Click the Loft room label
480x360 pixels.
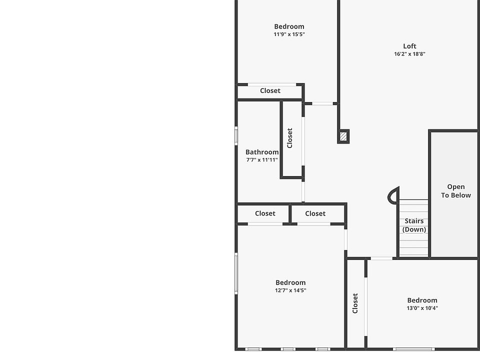pos(409,46)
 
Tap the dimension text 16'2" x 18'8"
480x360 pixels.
pos(409,54)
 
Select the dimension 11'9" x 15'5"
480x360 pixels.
pos(289,34)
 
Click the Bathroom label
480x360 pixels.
pos(262,152)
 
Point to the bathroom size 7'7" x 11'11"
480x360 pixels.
pos(262,160)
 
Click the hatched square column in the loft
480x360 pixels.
pos(343,136)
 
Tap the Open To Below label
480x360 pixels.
pos(456,191)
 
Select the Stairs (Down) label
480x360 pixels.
pos(414,225)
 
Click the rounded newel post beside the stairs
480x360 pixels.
pos(393,195)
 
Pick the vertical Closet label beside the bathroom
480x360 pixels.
pos(289,138)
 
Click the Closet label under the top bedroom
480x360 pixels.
pos(270,90)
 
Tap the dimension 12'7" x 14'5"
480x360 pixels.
pos(290,290)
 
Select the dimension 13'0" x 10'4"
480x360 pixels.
pos(422,308)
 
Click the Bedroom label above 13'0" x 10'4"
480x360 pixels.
pos(422,300)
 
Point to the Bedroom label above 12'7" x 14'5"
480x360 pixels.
pos(290,282)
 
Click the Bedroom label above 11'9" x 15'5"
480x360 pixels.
pos(289,26)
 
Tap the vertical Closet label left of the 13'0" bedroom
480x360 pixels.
pos(355,303)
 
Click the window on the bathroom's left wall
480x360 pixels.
pos(236,136)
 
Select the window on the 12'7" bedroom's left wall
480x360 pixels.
pos(236,273)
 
